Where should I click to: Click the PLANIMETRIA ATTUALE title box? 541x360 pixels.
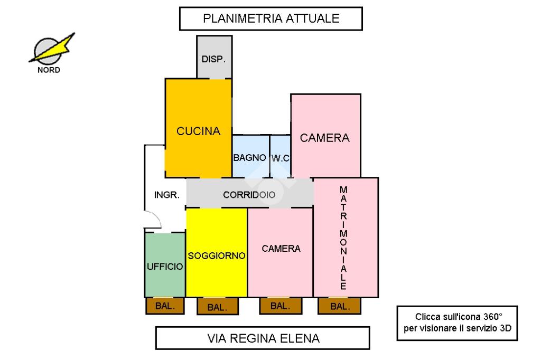tap(270, 19)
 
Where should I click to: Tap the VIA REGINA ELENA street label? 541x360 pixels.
tap(262, 338)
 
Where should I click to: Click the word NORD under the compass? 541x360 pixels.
tap(49, 70)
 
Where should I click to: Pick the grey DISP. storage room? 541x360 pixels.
tap(214, 58)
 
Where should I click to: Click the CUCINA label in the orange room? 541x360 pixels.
tap(198, 131)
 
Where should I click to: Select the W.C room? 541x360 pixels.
tap(281, 157)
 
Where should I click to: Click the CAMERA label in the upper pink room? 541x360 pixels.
tap(325, 138)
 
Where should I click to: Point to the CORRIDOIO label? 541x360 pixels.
tap(249, 194)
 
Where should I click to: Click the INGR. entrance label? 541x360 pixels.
tap(167, 194)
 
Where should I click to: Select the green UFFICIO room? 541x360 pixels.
tap(165, 266)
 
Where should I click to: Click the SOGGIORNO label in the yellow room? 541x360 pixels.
tap(217, 256)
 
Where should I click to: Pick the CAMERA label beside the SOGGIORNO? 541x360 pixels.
tap(281, 249)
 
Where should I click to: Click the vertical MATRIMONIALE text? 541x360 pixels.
tap(344, 238)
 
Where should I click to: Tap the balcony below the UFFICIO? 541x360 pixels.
tap(165, 306)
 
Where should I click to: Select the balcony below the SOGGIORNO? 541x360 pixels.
tap(217, 307)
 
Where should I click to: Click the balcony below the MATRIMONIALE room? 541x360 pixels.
tap(339, 306)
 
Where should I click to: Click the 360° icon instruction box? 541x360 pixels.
tap(458, 323)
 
